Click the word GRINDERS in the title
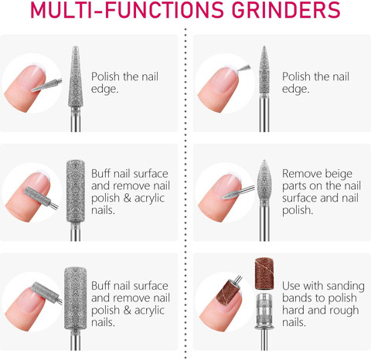(x=286, y=10)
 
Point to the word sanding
(x=345, y=287)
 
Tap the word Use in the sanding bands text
(x=291, y=286)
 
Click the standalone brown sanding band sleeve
(x=264, y=273)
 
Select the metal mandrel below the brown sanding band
(x=264, y=321)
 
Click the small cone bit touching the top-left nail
(x=47, y=86)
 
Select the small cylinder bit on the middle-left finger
(x=41, y=197)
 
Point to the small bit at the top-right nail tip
(x=244, y=68)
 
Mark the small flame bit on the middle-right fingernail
(x=238, y=193)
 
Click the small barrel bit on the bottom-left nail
(x=46, y=293)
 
